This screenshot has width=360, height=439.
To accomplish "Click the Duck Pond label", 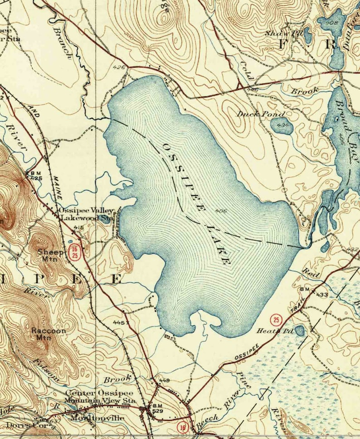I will click(260, 114).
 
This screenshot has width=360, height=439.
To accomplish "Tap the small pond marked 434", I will click(283, 125).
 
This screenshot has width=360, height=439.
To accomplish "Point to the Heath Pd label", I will click(282, 331).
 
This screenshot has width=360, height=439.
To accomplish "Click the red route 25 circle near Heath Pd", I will click(275, 320).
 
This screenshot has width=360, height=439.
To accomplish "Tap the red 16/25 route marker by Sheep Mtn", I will click(74, 253).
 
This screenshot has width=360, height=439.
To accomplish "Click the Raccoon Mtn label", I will click(49, 334).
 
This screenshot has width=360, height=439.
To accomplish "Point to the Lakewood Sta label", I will click(87, 218).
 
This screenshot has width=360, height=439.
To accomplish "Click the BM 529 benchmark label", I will click(158, 408).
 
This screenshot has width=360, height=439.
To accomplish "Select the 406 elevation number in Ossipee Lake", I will click(221, 211).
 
